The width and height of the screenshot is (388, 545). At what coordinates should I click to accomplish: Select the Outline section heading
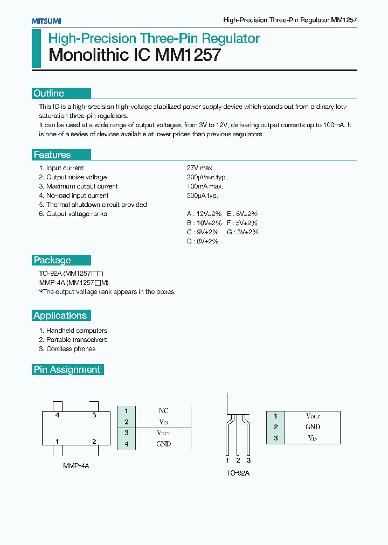pyautogui.click(x=49, y=93)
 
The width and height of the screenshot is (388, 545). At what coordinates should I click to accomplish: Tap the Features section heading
pyautogui.click(x=52, y=155)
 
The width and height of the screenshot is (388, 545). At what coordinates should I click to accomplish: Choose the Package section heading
pyautogui.click(x=52, y=260)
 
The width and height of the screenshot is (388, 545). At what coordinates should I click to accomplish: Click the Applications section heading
pyautogui.click(x=60, y=316)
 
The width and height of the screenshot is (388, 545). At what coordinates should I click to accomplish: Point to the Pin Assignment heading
pyautogui.click(x=67, y=369)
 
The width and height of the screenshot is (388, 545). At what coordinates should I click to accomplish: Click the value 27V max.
pyautogui.click(x=200, y=168)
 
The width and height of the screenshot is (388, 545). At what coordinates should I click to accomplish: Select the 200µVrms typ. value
pyautogui.click(x=207, y=177)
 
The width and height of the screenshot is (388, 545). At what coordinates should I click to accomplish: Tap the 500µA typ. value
pyautogui.click(x=203, y=195)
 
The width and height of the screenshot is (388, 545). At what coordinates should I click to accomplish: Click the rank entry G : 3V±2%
pyautogui.click(x=242, y=232)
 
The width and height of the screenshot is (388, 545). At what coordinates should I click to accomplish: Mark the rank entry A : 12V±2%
pyautogui.click(x=204, y=214)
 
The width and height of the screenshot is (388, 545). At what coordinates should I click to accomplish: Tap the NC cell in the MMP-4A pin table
pyautogui.click(x=164, y=411)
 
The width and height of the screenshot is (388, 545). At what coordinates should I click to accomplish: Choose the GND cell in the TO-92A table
pyautogui.click(x=313, y=427)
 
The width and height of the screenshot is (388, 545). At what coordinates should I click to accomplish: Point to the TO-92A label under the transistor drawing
pyautogui.click(x=238, y=473)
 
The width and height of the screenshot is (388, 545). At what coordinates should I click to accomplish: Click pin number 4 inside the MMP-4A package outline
pyautogui.click(x=57, y=415)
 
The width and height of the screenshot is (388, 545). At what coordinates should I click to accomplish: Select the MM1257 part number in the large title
pyautogui.click(x=188, y=55)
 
